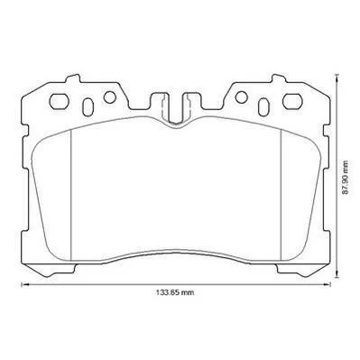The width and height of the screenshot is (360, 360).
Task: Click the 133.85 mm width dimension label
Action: tap(175, 292)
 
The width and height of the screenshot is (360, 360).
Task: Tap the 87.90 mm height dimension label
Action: tap(346, 178)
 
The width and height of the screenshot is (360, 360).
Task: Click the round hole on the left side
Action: tap(109, 97)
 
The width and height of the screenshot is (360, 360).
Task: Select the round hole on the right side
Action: tap(241, 97)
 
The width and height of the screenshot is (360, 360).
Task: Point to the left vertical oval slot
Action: tap(88, 106)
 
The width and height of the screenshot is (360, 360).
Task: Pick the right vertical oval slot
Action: tap(263, 106)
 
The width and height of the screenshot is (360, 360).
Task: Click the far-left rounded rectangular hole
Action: tap(60, 101)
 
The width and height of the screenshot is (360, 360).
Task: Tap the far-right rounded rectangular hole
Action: tap(292, 101)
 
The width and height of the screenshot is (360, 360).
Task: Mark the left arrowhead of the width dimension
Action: tap(23, 284)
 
